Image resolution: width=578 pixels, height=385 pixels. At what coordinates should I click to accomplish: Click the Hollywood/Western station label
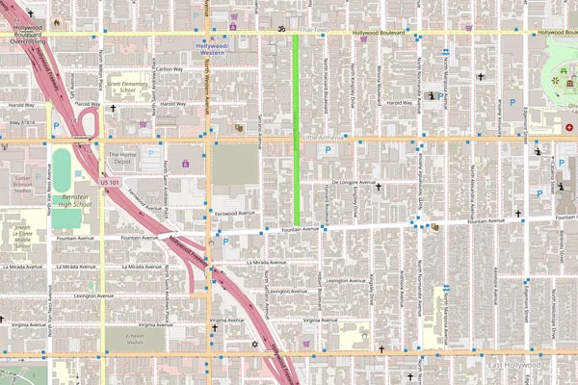point(212,48)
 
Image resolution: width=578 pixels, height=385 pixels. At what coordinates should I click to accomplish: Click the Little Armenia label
point(323,139)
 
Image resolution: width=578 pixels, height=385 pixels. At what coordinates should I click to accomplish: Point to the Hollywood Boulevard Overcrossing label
point(29,38)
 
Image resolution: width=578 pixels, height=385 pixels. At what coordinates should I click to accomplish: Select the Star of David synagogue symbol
point(255,344)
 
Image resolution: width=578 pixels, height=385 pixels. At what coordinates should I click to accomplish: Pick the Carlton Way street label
point(170,68)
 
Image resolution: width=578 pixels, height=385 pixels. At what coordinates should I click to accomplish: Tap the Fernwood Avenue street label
point(235,213)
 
